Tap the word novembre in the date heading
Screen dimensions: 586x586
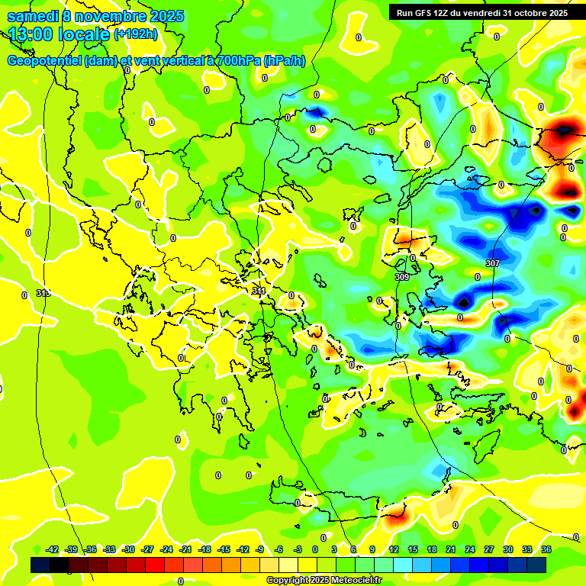coord(114,16)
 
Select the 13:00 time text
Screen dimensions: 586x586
coord(31,34)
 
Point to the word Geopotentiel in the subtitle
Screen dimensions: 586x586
coord(44,61)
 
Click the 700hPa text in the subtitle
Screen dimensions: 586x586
coord(237,61)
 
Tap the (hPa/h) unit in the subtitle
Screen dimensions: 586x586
coord(284,61)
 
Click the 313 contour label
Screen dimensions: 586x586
coord(43,293)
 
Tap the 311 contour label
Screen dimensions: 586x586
coord(259,291)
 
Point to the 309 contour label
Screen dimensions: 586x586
coord(402,277)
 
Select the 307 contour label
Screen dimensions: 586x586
coord(492,263)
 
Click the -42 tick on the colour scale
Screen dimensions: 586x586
coord(52,549)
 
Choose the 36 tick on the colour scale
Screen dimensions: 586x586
coord(546,549)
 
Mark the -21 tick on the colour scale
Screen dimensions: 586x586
coord(185,549)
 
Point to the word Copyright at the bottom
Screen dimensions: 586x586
coord(288,581)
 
